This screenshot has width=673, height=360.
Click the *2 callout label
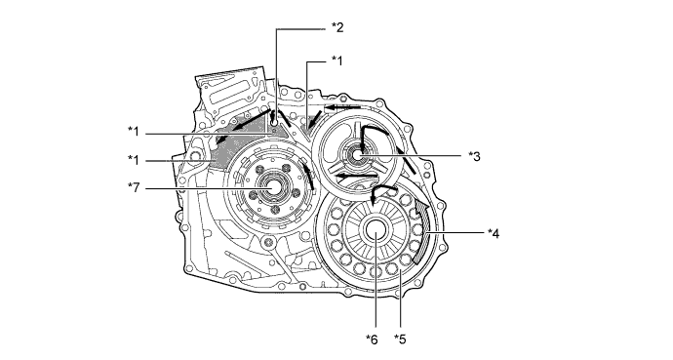[x=337, y=28]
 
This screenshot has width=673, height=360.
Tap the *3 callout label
[x=474, y=156]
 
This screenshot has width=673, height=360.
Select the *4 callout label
[x=494, y=234]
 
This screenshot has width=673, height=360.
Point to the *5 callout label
[x=400, y=340]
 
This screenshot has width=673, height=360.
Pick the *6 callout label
[x=373, y=340]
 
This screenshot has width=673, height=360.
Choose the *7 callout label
[x=134, y=187]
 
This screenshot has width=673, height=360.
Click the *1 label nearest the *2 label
[x=337, y=60]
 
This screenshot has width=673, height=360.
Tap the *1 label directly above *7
[x=134, y=160]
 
